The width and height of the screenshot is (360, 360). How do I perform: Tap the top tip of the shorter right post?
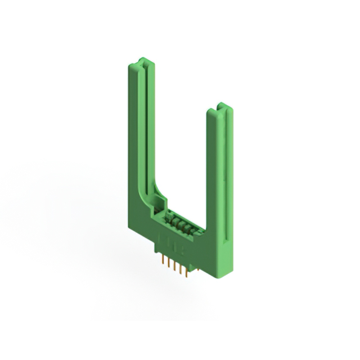[x=221, y=106]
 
